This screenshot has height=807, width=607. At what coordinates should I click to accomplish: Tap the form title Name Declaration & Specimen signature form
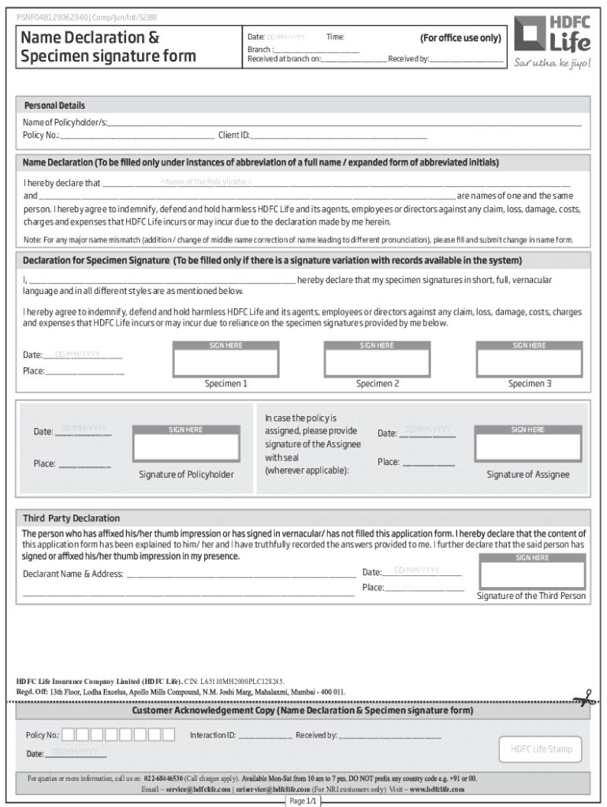pyautogui.click(x=108, y=47)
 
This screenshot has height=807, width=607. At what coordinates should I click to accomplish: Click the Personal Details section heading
pyautogui.click(x=54, y=106)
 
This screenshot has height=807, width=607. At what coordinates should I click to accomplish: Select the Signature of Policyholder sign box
pyautogui.click(x=186, y=445)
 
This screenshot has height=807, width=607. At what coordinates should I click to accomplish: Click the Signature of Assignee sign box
pyautogui.click(x=528, y=445)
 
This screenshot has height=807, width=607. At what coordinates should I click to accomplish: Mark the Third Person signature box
pyautogui.click(x=532, y=573)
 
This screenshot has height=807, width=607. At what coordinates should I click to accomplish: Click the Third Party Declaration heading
pyautogui.click(x=71, y=519)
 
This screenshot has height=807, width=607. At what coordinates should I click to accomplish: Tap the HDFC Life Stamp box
pyautogui.click(x=541, y=749)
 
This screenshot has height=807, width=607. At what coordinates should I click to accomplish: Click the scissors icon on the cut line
pyautogui.click(x=584, y=697)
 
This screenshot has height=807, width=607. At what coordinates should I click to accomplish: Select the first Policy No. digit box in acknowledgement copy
pyautogui.click(x=69, y=735)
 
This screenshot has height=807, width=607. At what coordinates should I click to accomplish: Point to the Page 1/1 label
pyautogui.click(x=303, y=801)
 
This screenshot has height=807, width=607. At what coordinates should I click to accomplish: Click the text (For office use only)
pyautogui.click(x=460, y=38)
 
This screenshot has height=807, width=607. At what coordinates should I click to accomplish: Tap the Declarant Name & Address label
pyautogui.click(x=73, y=574)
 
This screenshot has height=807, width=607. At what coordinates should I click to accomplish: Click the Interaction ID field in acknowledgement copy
pyautogui.click(x=264, y=735)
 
